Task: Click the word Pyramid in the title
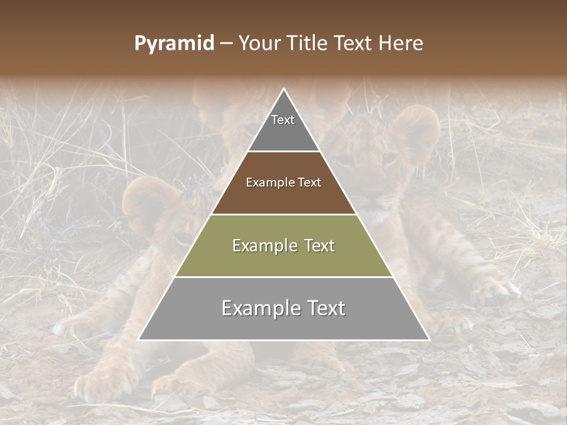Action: [174, 44]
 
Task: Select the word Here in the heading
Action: [401, 43]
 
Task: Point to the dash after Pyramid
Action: [226, 44]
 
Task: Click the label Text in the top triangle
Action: [283, 120]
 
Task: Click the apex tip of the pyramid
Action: [284, 90]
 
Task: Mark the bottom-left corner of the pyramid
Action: [139, 339]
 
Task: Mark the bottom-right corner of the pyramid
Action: [429, 339]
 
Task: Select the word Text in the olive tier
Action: [320, 246]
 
